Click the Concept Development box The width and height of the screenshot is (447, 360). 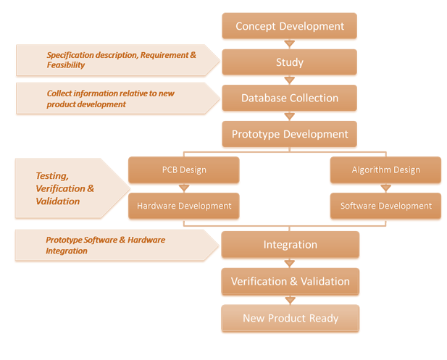click(290, 27)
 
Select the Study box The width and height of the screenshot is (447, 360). click(290, 62)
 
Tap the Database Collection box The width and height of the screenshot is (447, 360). click(290, 98)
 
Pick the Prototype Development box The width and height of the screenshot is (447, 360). click(290, 134)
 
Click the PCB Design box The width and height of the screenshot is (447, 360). click(183, 170)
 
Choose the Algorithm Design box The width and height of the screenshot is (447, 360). click(385, 170)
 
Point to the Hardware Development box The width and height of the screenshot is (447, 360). click(183, 206)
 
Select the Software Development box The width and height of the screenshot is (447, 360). click(385, 206)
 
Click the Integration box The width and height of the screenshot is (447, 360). click(290, 245)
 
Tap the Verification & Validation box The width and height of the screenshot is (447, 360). click(290, 281)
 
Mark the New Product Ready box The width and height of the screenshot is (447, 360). click(290, 318)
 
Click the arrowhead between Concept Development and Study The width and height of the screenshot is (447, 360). click(290, 44)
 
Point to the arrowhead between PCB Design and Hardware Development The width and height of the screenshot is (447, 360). click(183, 188)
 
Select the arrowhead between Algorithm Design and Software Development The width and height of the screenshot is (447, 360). click(385, 188)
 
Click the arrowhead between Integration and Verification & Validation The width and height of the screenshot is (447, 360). click(290, 263)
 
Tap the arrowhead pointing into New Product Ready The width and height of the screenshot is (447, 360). click(290, 300)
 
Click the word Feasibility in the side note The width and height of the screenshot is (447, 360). click(66, 65)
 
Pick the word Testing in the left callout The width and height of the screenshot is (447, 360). click(51, 176)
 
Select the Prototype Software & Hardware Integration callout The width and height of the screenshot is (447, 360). click(109, 245)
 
